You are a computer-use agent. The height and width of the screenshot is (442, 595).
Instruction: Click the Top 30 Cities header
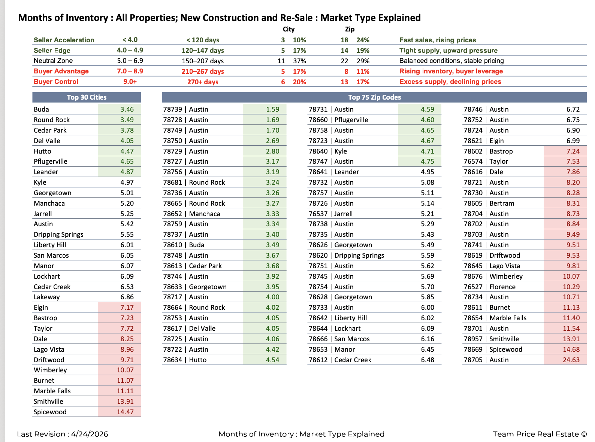coord(87,97)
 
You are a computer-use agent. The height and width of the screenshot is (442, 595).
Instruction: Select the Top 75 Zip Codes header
coord(374,97)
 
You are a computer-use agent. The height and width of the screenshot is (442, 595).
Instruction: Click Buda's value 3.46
coord(127,109)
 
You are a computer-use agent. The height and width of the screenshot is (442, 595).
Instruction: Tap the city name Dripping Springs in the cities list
coord(58,235)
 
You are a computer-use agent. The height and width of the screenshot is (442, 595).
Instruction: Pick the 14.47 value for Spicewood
coord(125,412)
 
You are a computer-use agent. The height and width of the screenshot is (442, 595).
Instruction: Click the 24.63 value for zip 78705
coord(571,360)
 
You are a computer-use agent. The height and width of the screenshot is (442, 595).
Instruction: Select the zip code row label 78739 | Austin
coord(185,109)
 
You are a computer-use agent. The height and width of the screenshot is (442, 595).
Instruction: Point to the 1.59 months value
coord(272,109)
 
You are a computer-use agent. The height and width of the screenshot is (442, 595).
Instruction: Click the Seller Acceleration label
coord(64,40)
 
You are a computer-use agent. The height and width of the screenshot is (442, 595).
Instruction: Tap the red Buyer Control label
coord(56,82)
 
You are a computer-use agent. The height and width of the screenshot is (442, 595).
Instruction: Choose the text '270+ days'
coord(203,82)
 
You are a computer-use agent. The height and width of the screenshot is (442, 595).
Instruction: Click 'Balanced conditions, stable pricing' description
coord(451,61)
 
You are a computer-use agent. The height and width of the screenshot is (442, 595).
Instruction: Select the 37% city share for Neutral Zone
coord(299,61)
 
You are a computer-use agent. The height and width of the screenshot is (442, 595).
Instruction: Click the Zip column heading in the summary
coord(350,29)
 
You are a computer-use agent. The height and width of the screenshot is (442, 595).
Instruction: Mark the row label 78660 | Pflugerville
coord(338,120)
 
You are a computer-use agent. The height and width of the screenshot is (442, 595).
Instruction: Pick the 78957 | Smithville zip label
coord(491,339)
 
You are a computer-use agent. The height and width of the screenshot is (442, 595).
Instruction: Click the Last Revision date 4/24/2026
coord(90,434)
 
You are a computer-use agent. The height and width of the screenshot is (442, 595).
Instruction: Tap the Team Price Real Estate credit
coord(540,434)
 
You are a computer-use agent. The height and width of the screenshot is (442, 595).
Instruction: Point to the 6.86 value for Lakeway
coord(127,297)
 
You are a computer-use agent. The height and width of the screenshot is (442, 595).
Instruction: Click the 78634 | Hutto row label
coord(185,360)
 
